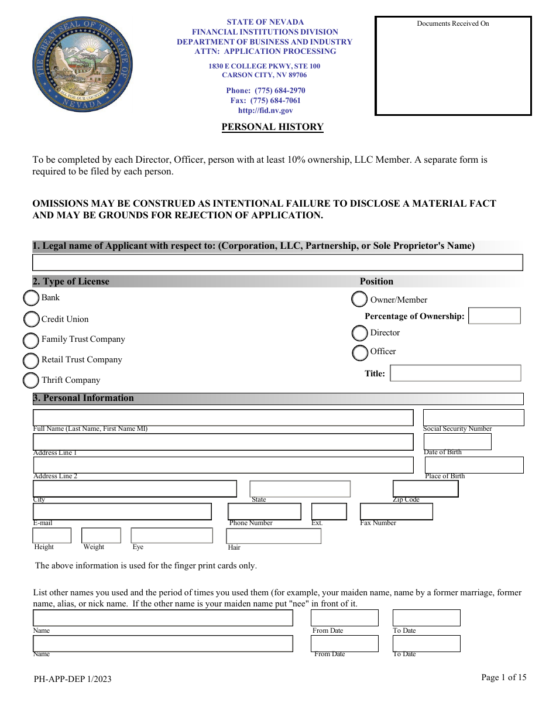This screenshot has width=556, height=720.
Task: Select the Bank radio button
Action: point(31,299)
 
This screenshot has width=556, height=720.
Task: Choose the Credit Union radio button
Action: point(32,320)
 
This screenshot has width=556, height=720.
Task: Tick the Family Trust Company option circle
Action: point(31,340)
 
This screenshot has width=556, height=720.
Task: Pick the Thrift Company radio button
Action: point(31,380)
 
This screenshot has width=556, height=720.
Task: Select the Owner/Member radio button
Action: point(359,300)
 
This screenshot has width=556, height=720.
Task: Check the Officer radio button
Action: point(360,353)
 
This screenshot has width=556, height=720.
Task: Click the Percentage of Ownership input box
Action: point(495,316)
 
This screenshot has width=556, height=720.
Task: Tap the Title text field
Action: point(455,373)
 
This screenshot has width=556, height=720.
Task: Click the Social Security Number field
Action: point(473,417)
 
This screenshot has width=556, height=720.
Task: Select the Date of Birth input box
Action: point(457,441)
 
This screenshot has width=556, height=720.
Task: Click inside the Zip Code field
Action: point(425,489)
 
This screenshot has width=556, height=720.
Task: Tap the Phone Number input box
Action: point(264,512)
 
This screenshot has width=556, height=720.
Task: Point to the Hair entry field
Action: point(273,536)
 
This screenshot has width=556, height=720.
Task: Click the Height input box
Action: point(52,536)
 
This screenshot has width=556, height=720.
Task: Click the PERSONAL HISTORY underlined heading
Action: point(272,127)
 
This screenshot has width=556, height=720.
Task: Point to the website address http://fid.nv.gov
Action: point(265,111)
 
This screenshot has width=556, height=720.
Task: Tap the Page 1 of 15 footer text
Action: point(503,677)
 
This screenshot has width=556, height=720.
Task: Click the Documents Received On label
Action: point(452,23)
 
